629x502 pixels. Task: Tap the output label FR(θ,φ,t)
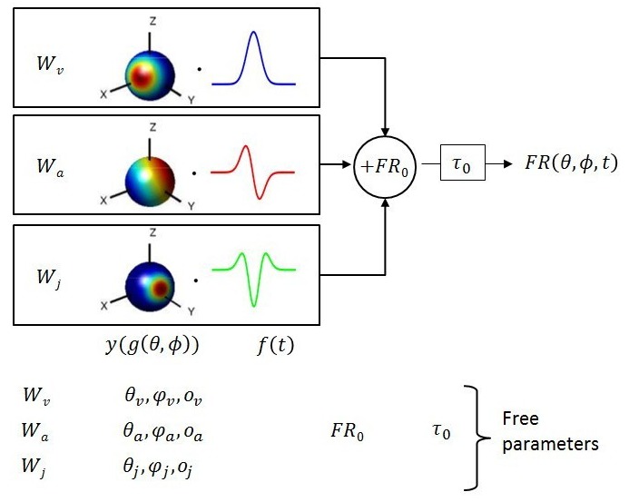point(572,164)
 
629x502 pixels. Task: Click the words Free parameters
point(550,431)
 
